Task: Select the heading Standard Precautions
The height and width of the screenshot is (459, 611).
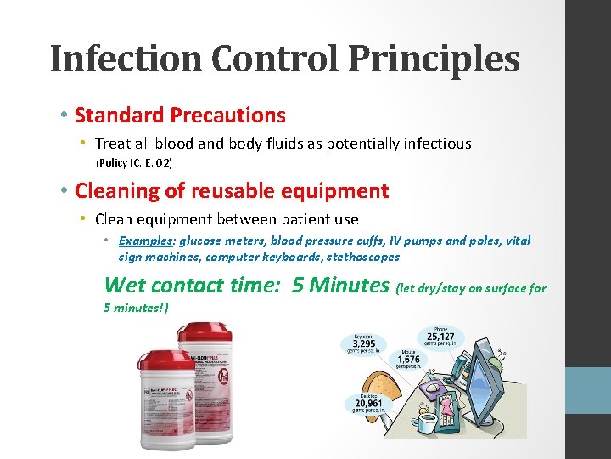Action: (180, 115)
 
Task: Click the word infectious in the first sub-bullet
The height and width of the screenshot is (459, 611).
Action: (434, 144)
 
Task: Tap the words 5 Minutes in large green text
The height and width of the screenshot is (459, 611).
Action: (339, 285)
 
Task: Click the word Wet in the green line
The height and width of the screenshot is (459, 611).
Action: (125, 285)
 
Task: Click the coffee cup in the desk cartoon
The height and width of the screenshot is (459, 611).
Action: (425, 422)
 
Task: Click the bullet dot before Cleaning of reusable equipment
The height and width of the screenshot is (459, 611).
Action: (64, 191)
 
